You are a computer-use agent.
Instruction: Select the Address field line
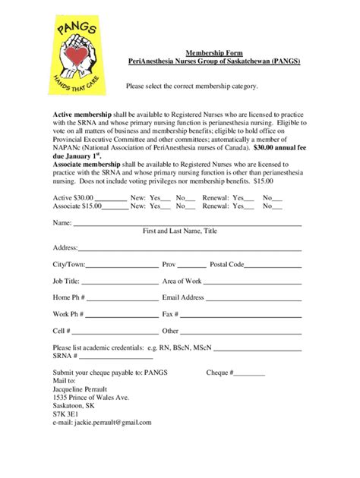tap(190, 250)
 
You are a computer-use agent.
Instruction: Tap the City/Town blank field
tap(122, 266)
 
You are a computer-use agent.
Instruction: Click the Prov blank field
tap(191, 266)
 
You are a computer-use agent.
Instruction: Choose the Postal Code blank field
tap(273, 266)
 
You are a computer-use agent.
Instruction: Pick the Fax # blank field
tap(241, 316)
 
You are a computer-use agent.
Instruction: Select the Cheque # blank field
tap(250, 374)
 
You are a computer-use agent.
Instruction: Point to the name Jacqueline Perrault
tap(84, 389)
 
